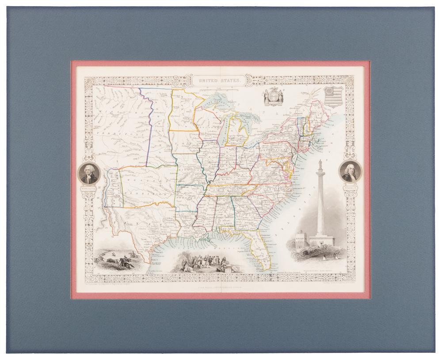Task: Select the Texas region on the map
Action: click(146, 226)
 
